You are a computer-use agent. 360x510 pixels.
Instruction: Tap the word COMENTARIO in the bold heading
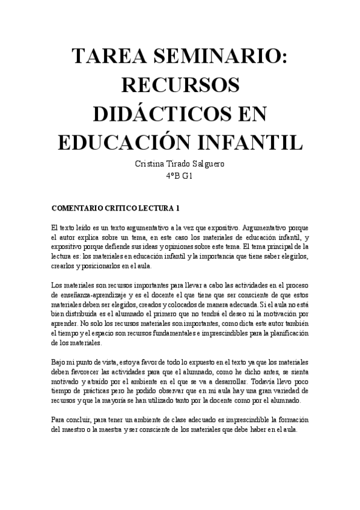point(78,209)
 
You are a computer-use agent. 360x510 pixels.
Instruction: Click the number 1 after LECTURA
point(177,209)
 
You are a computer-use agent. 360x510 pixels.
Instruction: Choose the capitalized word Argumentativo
point(271,229)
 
